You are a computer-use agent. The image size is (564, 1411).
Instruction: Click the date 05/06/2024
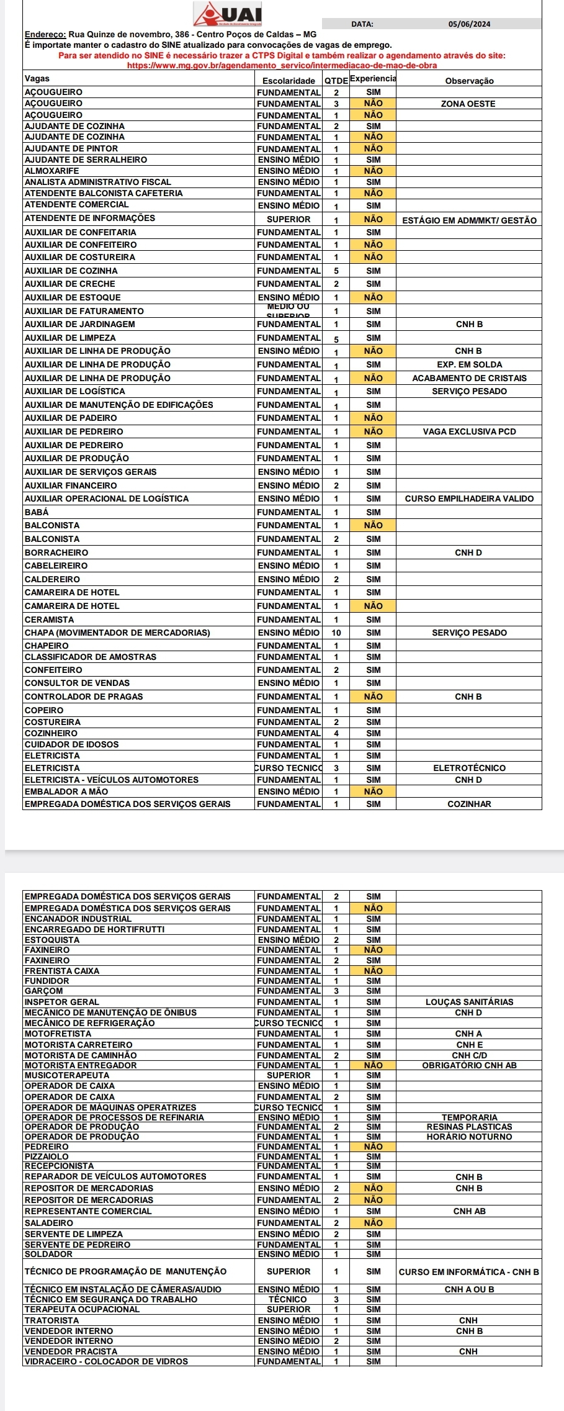coord(469,24)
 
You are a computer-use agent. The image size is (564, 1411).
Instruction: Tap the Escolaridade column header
coord(289,81)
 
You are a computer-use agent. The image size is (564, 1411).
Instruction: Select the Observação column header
coord(469,81)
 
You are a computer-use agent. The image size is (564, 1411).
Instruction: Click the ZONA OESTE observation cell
coord(468,104)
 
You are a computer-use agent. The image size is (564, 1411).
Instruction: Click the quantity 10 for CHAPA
coord(336,633)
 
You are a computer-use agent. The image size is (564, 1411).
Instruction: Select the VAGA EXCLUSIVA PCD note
coord(469,431)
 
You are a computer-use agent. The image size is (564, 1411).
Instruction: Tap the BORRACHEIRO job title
coord(56,552)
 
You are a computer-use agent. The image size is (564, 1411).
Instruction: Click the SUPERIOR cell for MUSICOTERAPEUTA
coord(289,1076)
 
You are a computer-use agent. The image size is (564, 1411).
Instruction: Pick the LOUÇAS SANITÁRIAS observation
coord(469,1002)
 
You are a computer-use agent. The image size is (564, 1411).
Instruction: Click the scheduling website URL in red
coord(282,65)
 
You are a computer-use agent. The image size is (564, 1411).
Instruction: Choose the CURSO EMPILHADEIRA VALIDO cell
coord(469,498)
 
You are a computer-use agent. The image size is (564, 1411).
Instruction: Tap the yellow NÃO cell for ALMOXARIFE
coord(373,171)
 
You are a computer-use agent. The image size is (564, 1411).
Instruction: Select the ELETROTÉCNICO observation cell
coord(469,768)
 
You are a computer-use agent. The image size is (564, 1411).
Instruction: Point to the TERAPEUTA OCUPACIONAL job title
coord(82,1309)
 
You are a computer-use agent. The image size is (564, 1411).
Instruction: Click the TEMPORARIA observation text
coord(469,1117)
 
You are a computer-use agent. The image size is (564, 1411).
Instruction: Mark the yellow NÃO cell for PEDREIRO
coord(373,1147)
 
